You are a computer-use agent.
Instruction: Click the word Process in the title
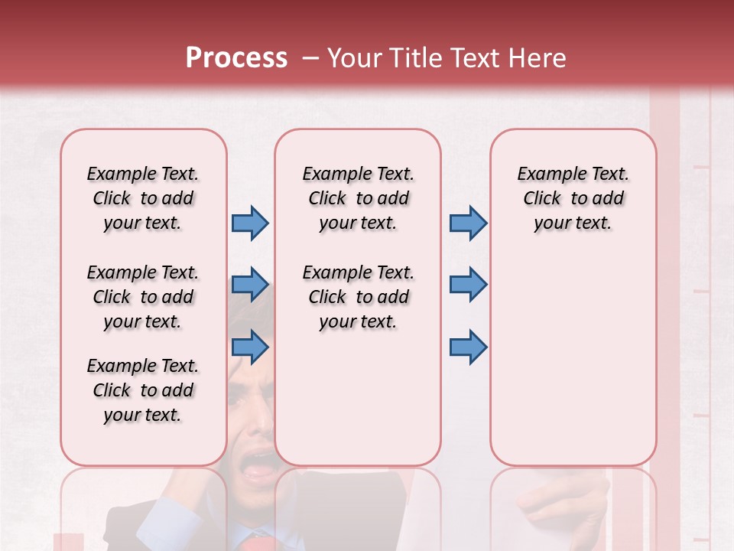[x=236, y=58]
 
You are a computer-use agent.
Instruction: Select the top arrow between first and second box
[x=250, y=223]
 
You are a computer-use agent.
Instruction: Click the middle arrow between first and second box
[x=250, y=285]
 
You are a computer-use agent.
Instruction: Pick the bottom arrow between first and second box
[x=250, y=347]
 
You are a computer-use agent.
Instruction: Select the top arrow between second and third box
[x=468, y=223]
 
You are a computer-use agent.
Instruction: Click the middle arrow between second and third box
[x=468, y=285]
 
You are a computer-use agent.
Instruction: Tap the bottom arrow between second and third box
[x=468, y=347]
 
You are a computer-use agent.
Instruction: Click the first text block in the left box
[x=142, y=198]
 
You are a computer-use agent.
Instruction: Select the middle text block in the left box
[x=142, y=297]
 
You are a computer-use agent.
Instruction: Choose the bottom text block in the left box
[x=142, y=390]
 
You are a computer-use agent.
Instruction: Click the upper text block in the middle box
[x=358, y=198]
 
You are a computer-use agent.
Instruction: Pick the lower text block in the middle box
[x=358, y=297]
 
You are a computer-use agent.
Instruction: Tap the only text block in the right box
[x=573, y=198]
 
